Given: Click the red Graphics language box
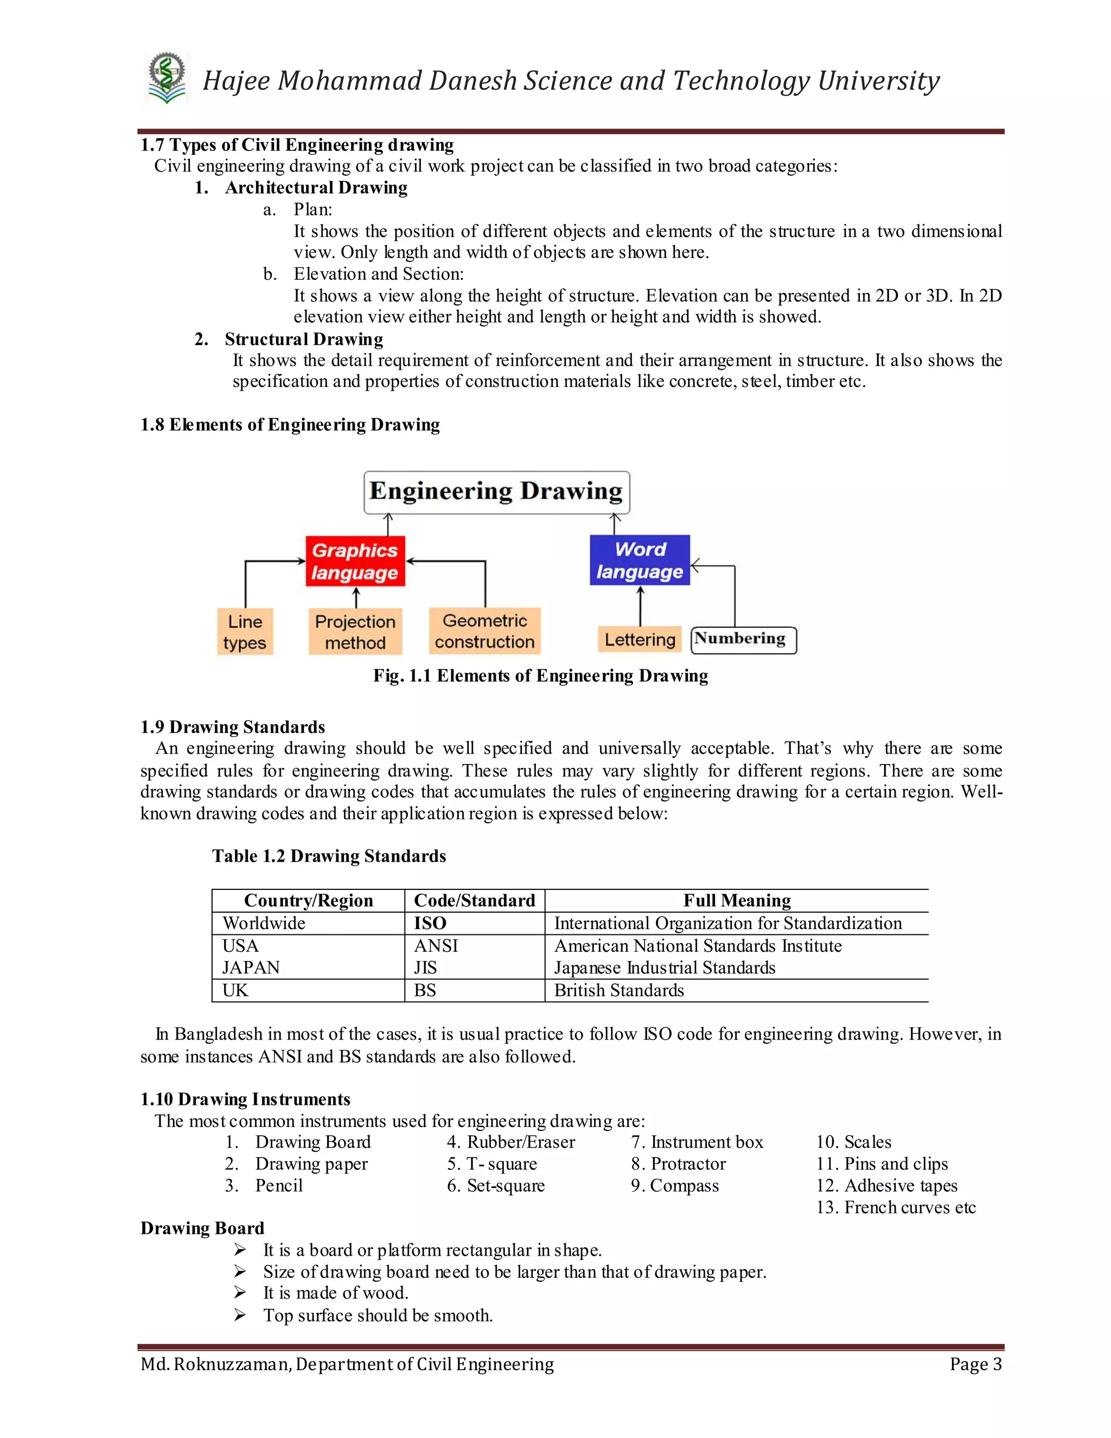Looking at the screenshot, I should click(355, 561).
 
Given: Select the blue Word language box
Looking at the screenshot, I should click(640, 561).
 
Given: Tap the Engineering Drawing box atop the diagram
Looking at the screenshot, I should click(496, 492).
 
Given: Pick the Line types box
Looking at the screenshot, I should click(245, 632).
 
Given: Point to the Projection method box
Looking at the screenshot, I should click(355, 632).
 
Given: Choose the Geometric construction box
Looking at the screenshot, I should click(484, 631).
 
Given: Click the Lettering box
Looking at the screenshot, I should click(640, 639).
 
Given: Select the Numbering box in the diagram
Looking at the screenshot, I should click(743, 640).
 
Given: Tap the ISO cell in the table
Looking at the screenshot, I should click(430, 923).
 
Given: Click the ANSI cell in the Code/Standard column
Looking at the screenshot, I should click(436, 945).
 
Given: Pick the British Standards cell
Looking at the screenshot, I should click(618, 990).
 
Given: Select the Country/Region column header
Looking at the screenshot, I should click(308, 900).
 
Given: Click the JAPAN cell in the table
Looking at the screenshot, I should click(251, 967).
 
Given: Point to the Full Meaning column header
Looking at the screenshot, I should click(737, 900).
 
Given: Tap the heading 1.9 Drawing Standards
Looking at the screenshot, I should click(232, 727).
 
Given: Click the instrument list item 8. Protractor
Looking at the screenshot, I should click(678, 1163).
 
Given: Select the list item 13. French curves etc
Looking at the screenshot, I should click(895, 1207).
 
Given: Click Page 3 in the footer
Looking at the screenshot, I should click(975, 1364).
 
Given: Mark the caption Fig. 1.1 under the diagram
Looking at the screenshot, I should click(540, 676).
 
